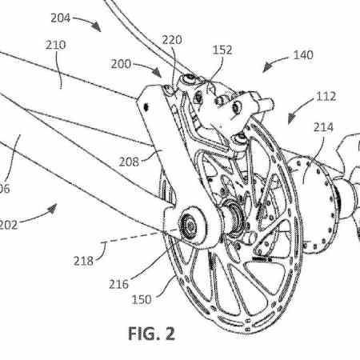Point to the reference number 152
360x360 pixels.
tap(222, 50)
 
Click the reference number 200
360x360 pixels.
tap(122, 62)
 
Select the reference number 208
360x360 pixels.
tap(128, 161)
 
